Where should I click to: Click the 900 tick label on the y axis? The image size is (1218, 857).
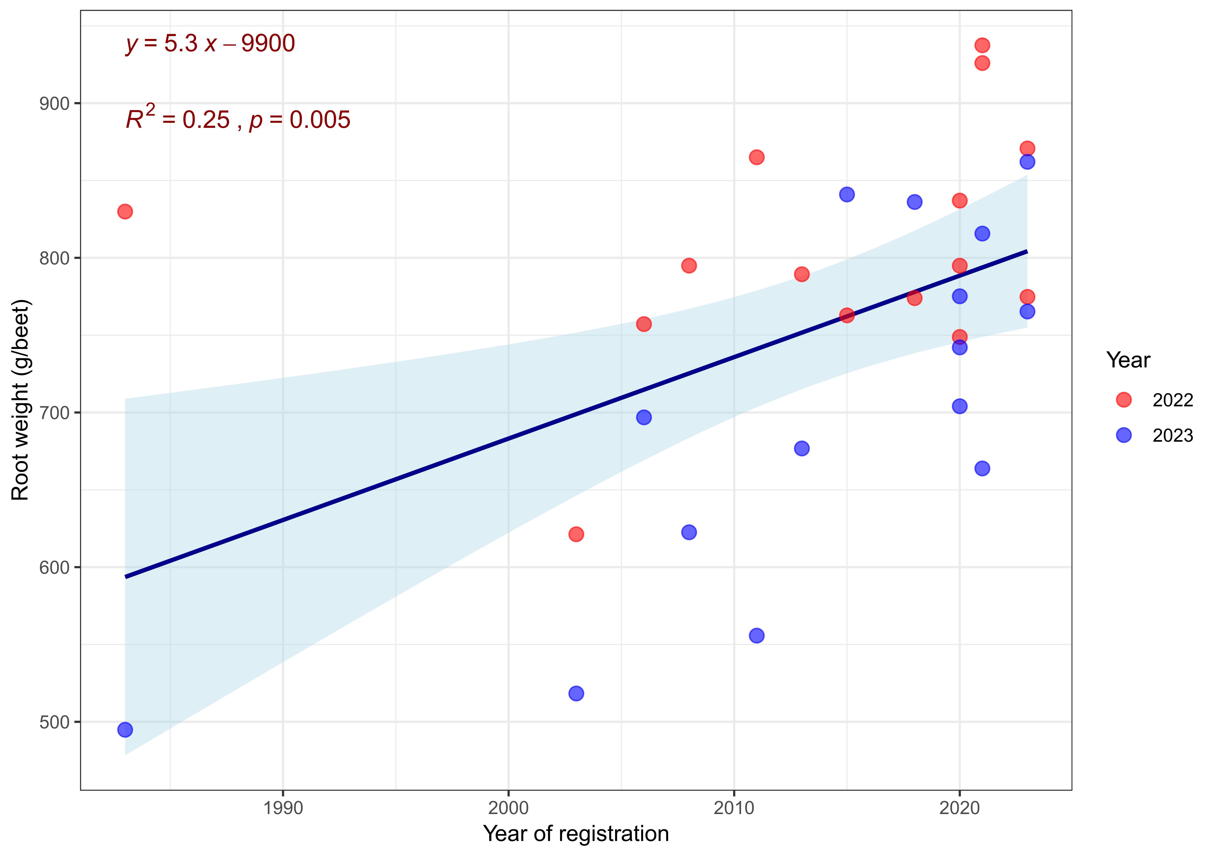55,103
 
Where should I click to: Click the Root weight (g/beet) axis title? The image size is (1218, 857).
21,400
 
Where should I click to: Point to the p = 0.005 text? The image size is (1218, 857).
300,120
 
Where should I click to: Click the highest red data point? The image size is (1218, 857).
982,45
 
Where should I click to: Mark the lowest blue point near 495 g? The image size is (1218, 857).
125,730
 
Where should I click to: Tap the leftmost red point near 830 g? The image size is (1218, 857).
125,211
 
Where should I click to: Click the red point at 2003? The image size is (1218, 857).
576,534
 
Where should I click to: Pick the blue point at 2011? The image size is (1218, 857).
757,635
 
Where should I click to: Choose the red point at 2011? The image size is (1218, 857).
757,157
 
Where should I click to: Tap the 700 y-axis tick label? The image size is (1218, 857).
55,413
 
